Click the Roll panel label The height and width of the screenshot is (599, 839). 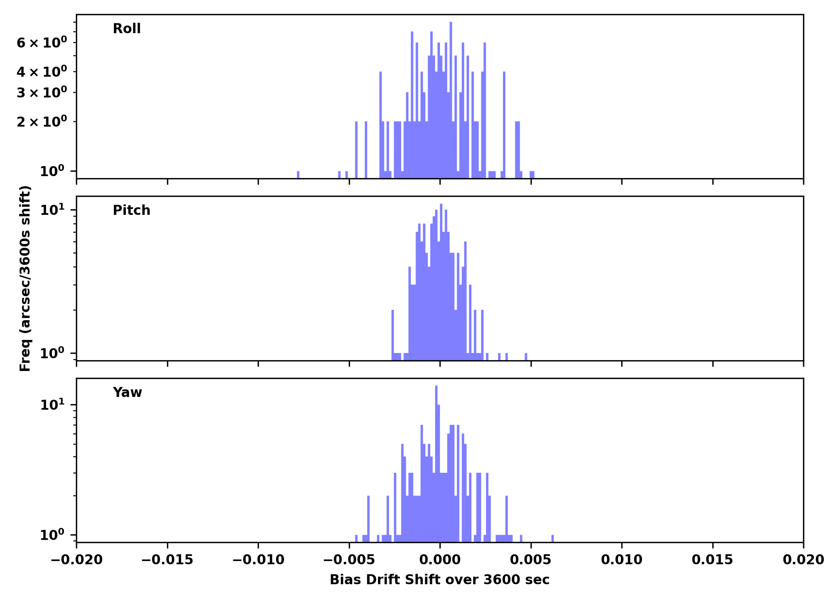(127, 29)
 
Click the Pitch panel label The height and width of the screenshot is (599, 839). (131, 210)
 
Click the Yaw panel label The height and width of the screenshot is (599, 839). (127, 393)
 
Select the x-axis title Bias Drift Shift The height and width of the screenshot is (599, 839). (439, 580)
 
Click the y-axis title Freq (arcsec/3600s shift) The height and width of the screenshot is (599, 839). (25, 278)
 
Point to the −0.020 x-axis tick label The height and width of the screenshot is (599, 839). (76, 560)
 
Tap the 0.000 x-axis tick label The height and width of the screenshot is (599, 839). (440, 560)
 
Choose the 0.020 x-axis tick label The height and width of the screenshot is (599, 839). (803, 560)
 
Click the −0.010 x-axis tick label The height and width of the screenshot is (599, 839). (258, 560)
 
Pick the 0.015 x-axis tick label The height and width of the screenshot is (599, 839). (712, 560)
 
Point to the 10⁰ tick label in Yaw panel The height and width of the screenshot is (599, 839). (52, 535)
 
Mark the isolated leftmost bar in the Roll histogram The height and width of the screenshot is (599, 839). (298, 175)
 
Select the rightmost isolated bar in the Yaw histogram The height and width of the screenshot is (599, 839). (553, 538)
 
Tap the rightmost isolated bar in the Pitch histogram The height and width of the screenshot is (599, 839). (526, 357)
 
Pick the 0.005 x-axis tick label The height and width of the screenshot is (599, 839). (531, 560)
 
